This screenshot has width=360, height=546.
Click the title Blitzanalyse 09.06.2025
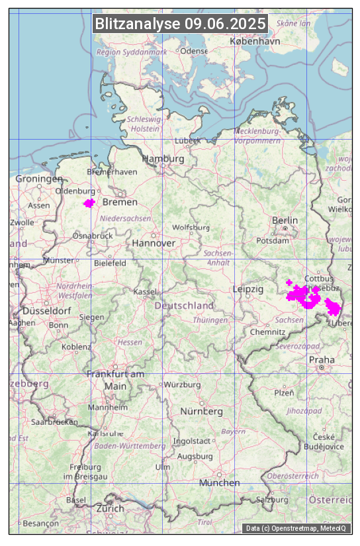click(x=180, y=24)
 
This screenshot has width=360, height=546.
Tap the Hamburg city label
click(x=163, y=159)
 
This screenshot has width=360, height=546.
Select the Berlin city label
click(x=285, y=220)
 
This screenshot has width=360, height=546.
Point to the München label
click(x=220, y=483)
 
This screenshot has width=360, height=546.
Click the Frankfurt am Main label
click(x=115, y=380)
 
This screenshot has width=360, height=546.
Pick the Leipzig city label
click(x=248, y=290)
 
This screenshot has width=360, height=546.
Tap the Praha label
click(x=322, y=359)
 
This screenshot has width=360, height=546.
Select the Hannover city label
click(x=154, y=244)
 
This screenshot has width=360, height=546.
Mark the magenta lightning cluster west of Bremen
click(x=89, y=203)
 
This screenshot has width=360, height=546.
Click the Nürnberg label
click(x=202, y=412)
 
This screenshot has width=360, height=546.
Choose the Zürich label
click(x=110, y=508)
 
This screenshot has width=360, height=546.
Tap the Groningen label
click(x=39, y=179)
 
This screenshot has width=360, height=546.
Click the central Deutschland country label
click(x=184, y=306)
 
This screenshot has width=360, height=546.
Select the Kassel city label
click(x=144, y=292)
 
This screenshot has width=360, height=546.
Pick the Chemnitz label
click(x=267, y=332)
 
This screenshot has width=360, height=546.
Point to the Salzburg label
click(x=273, y=500)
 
